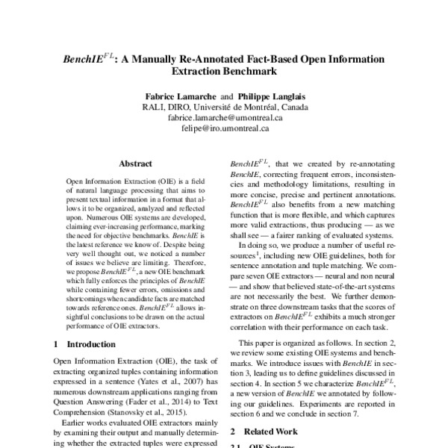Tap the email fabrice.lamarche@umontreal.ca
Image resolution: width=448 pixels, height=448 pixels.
pyautogui.click(x=224, y=117)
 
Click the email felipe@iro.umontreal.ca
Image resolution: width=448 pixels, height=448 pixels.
pyautogui.click(x=225, y=128)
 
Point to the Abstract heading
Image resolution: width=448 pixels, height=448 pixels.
pyautogui.click(x=136, y=164)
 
